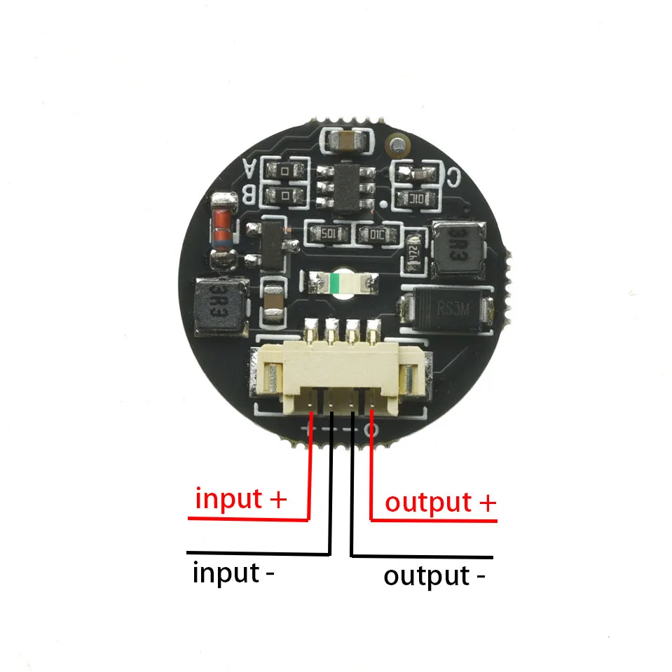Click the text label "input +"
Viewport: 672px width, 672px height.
[241, 500]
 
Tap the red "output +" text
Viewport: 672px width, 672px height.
[440, 503]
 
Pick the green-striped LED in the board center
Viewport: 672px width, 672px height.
[339, 283]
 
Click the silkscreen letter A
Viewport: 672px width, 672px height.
[250, 168]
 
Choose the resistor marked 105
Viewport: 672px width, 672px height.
[328, 233]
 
